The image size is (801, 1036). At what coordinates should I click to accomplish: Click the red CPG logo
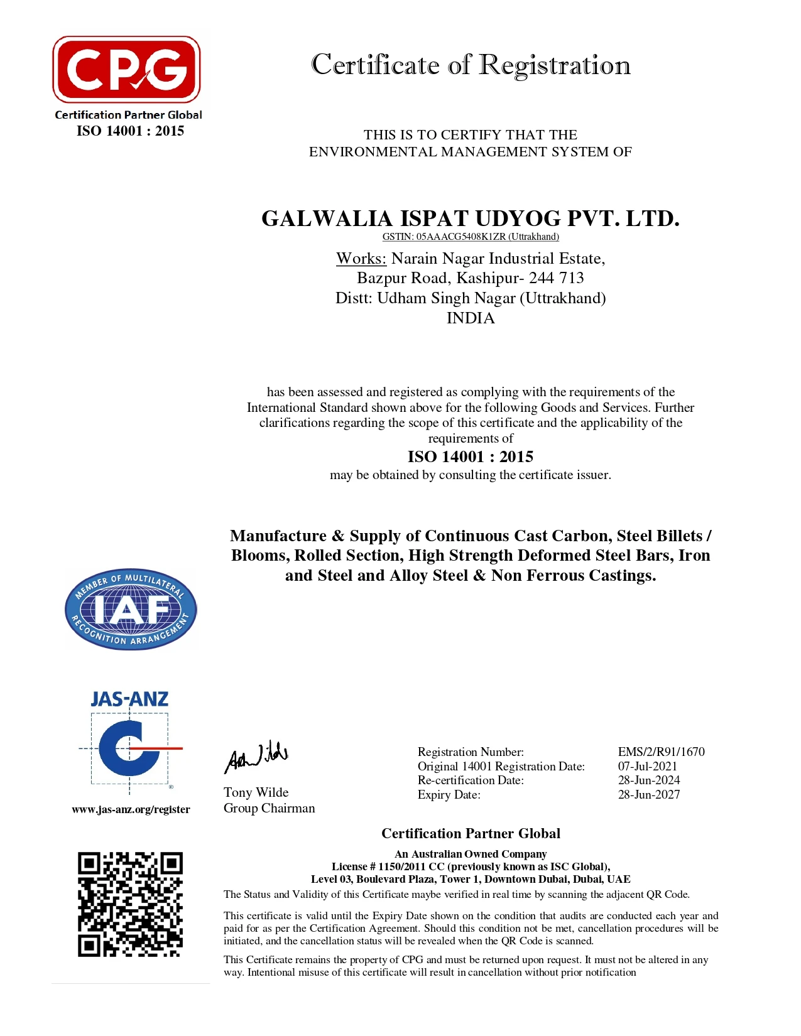click(x=126, y=70)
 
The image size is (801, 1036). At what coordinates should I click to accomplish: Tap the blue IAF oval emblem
click(x=131, y=609)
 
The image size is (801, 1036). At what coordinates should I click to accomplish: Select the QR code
click(x=130, y=904)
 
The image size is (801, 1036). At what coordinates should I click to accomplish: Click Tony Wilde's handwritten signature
click(x=256, y=757)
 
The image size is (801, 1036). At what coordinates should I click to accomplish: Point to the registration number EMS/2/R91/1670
click(x=661, y=752)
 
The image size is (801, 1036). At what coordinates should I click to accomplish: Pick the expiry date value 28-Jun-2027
click(x=648, y=794)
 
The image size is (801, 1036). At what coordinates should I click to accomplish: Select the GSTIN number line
click(x=471, y=237)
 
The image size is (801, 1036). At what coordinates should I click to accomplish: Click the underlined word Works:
click(x=361, y=259)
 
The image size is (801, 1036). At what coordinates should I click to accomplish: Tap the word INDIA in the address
click(x=471, y=318)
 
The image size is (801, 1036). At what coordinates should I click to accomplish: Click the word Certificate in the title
click(x=375, y=65)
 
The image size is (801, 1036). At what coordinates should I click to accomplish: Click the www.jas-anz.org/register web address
click(x=131, y=809)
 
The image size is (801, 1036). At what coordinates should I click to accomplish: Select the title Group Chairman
click(x=269, y=808)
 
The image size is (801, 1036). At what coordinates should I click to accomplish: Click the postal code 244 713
click(x=556, y=278)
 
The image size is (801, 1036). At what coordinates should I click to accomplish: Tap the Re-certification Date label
click(x=471, y=780)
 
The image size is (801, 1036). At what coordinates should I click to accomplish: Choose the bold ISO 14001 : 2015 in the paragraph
click(x=471, y=456)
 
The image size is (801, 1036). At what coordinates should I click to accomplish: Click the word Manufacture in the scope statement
click(x=278, y=536)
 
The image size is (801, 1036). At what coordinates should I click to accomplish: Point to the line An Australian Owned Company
click(x=471, y=854)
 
